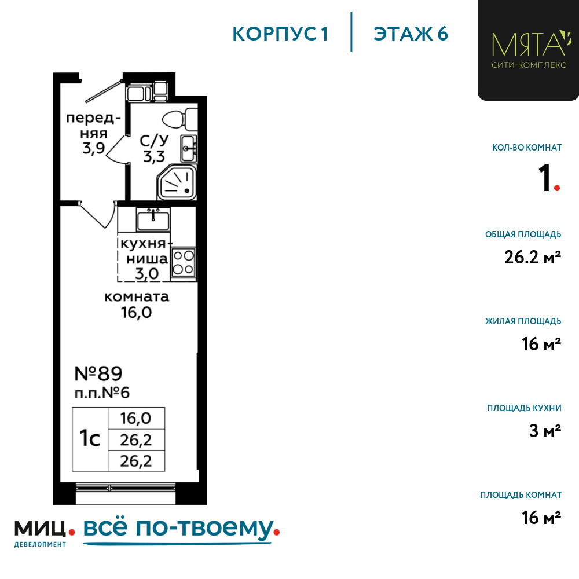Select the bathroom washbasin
188,148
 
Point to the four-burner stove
184,261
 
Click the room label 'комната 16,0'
137,305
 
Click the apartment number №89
99,372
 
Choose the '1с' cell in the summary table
90,439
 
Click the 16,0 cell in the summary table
136,418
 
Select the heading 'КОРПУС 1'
280,34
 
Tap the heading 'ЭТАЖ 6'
411,34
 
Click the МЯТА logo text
527,43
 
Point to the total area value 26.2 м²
533,258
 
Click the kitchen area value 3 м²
545,431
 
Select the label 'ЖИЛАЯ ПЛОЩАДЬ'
523,321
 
